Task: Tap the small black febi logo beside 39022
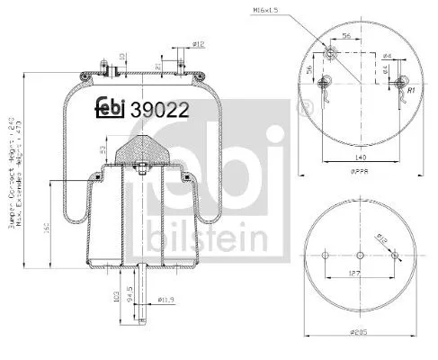click(x=112, y=106)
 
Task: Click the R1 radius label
click(x=409, y=92)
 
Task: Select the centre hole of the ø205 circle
click(x=360, y=253)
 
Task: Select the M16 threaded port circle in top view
click(x=330, y=56)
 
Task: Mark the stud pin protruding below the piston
click(x=141, y=286)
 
